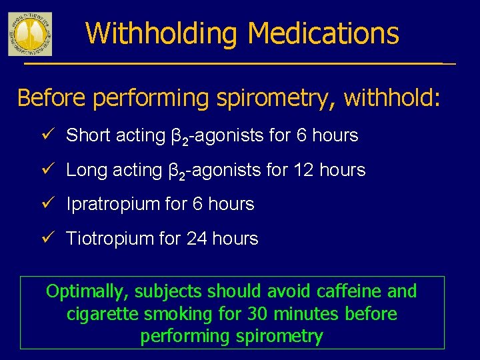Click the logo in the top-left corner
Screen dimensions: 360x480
point(29,34)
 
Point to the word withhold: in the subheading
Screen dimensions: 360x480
point(392,98)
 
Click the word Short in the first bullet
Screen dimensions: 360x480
point(89,135)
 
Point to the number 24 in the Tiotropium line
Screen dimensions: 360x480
point(197,239)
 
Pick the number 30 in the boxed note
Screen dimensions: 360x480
point(257,314)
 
